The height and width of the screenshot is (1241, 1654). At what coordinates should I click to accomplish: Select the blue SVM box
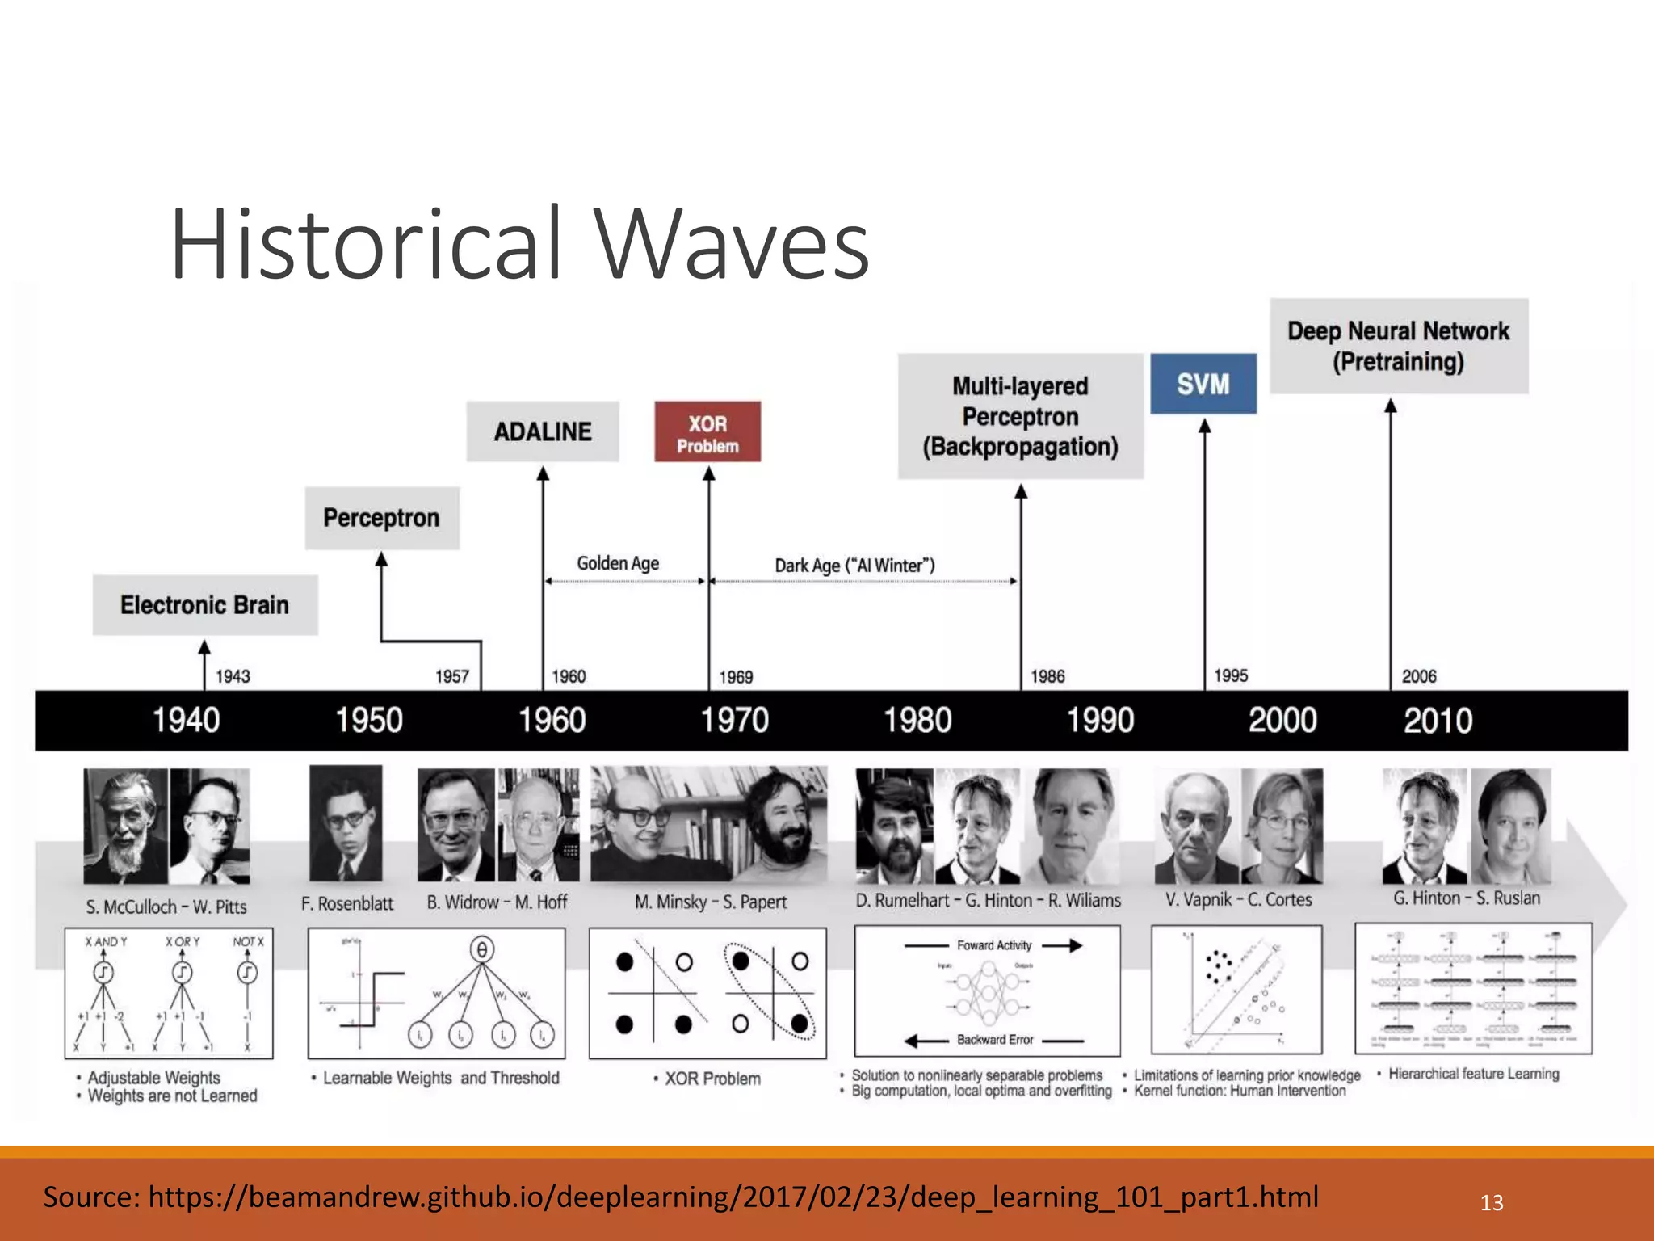(x=1203, y=384)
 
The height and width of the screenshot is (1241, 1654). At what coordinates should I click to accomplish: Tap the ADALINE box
(x=543, y=432)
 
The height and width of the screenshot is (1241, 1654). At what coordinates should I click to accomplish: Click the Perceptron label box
(x=382, y=518)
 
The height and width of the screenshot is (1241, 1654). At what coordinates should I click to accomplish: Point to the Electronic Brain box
(x=205, y=605)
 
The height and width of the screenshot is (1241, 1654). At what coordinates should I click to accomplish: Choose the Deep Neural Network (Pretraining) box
(x=1398, y=346)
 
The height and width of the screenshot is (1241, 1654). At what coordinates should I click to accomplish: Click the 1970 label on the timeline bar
(x=734, y=720)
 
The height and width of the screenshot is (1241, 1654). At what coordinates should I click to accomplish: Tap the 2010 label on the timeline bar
(x=1438, y=720)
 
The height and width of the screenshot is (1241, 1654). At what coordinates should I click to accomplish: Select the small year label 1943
(x=233, y=676)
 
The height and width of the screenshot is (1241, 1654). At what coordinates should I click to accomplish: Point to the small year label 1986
(x=1047, y=676)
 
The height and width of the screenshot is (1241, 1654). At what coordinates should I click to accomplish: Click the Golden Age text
(x=618, y=563)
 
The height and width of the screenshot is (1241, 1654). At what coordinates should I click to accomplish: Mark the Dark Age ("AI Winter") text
(x=854, y=566)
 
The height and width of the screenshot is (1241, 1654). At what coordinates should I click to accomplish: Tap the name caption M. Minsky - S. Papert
(x=711, y=902)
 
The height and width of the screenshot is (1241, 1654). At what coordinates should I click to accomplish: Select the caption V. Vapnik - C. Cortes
(x=1238, y=899)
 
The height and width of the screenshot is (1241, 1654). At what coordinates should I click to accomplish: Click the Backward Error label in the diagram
(x=995, y=1040)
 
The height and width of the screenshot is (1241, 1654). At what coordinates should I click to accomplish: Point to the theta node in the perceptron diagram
(x=482, y=949)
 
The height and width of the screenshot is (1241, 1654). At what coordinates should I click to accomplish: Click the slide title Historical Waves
(x=519, y=244)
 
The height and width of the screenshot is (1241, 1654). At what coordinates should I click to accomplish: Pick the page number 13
(x=1492, y=1203)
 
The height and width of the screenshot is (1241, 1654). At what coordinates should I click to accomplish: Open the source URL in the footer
(x=733, y=1197)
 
